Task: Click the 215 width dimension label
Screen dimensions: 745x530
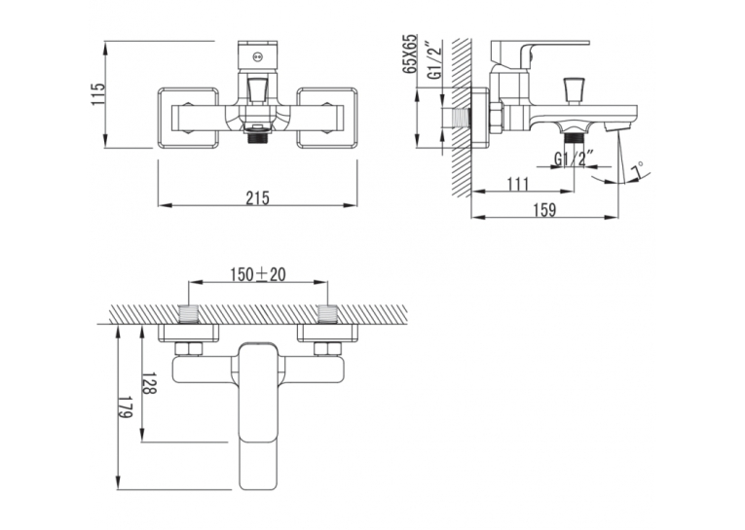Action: click(257, 197)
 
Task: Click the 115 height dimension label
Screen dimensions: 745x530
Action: click(97, 94)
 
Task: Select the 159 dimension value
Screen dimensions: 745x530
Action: click(544, 209)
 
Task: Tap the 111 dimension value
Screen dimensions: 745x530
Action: click(517, 184)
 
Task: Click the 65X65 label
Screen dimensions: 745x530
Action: click(409, 53)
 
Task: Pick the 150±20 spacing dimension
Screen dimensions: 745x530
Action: click(258, 274)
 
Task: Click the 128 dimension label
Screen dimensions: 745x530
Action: click(149, 382)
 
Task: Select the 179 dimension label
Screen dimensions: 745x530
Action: click(126, 407)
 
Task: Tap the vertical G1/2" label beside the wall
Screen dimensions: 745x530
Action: click(434, 60)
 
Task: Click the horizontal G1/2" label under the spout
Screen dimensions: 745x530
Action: click(575, 159)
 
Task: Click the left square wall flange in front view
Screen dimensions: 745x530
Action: click(188, 118)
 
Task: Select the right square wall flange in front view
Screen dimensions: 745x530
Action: click(327, 118)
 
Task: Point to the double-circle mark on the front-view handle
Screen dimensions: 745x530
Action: click(257, 57)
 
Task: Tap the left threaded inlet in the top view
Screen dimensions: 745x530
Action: click(189, 314)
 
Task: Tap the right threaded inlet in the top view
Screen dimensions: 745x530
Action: click(327, 314)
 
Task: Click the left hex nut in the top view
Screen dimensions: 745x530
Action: click(189, 349)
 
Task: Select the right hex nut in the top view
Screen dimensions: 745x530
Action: click(327, 349)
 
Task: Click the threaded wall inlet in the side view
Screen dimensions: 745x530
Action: click(460, 118)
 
